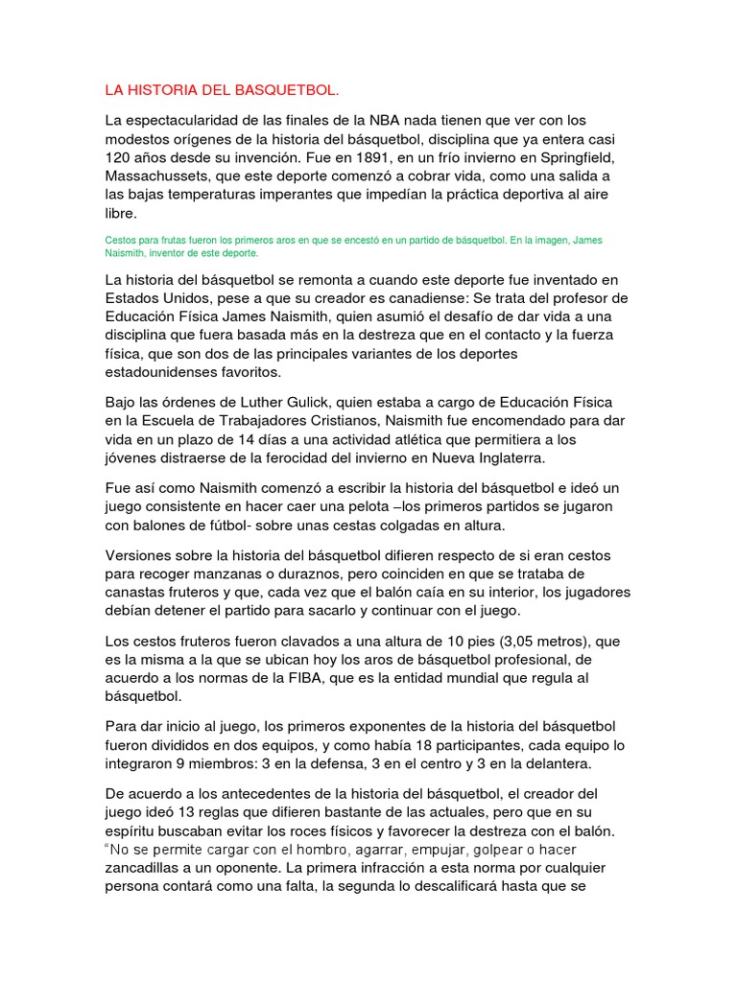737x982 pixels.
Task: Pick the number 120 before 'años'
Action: [118, 156]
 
